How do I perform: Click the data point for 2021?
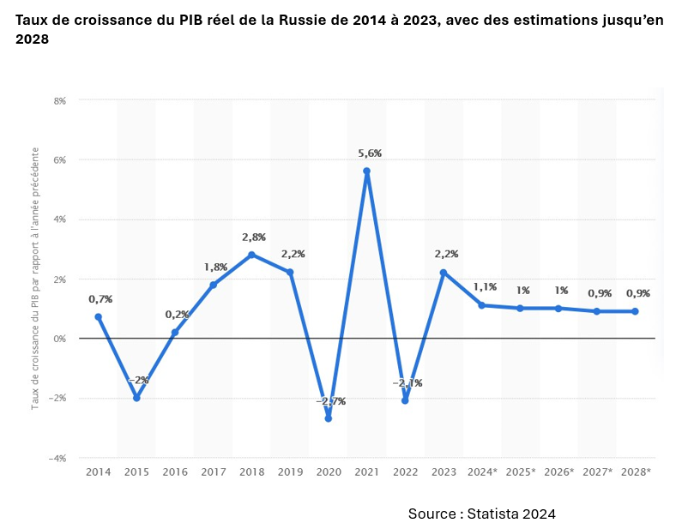(x=366, y=171)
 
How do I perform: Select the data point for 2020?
(x=328, y=418)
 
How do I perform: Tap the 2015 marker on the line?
(x=136, y=398)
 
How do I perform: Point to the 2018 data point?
(x=251, y=255)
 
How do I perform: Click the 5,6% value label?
(x=369, y=153)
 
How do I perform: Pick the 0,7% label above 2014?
(x=100, y=299)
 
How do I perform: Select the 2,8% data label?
(x=254, y=237)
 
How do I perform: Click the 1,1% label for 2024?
(x=485, y=287)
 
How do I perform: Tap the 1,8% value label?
(x=215, y=267)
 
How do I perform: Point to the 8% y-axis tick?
(x=60, y=100)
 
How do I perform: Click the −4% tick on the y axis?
(x=57, y=458)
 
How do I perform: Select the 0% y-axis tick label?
(x=60, y=339)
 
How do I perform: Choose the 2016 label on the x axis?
(x=175, y=472)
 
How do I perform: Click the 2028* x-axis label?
(x=636, y=472)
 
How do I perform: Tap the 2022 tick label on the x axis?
(x=405, y=472)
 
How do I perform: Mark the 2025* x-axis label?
(x=521, y=472)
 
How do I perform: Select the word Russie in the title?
(x=307, y=21)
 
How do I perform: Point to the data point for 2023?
(x=444, y=273)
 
